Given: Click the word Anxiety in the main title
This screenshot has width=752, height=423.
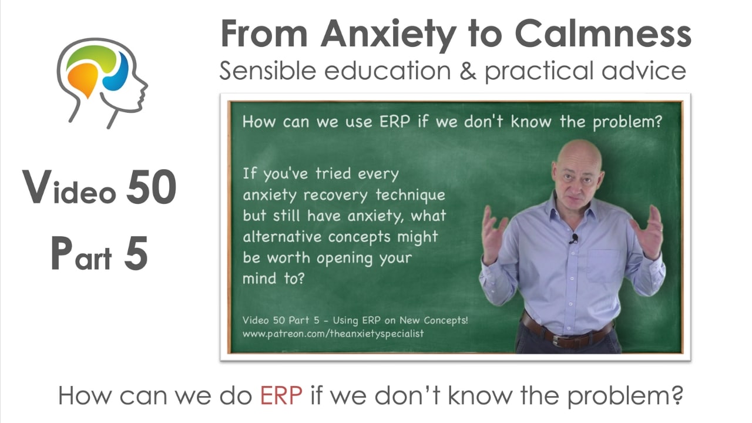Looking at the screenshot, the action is coord(388,35).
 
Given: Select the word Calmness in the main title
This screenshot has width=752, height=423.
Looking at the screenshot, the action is coord(603,34).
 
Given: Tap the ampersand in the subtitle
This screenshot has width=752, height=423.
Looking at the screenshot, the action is coord(468,71).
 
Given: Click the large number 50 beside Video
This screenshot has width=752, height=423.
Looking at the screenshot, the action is coord(151,187).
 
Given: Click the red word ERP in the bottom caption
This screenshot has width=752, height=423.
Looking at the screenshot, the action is coord(281,396).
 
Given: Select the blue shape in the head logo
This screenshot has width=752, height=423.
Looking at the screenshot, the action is coord(116,72).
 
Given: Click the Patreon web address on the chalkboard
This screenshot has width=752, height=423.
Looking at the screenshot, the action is coord(333,334).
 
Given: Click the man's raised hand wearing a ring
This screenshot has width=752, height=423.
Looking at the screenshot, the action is coord(648,231).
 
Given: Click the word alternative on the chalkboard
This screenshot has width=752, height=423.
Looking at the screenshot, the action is coord(282,236).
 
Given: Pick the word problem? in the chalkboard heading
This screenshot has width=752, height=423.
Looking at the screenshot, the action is coord(627,122).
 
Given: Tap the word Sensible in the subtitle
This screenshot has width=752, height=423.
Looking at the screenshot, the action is coord(268,71).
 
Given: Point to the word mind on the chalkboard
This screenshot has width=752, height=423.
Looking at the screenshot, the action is coord(259,278).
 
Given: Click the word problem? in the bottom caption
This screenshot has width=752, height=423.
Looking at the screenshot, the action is coord(625,397).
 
